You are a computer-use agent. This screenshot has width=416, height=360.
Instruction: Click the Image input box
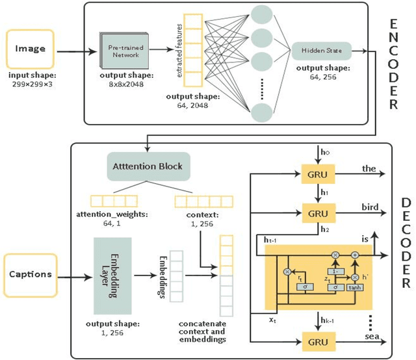pos(31,48)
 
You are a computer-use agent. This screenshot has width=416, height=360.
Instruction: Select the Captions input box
pos(31,274)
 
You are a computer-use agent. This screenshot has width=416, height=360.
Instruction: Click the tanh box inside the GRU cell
pos(355,287)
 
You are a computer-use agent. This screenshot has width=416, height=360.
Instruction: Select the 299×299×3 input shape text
pos(31,84)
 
